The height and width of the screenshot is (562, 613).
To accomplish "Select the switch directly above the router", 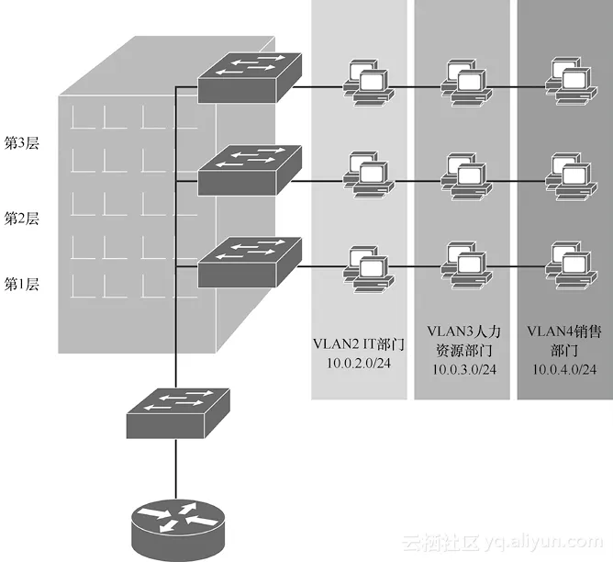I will click(178, 412).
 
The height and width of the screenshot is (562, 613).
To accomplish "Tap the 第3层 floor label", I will click(22, 143).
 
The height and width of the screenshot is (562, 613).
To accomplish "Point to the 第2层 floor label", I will click(22, 219).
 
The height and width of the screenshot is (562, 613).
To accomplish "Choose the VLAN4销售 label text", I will click(563, 329).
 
